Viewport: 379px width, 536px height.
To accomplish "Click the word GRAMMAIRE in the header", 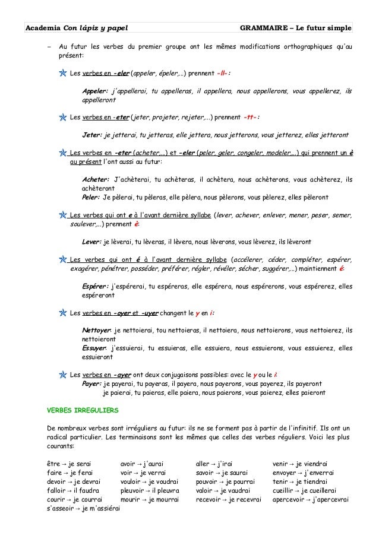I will [263, 28].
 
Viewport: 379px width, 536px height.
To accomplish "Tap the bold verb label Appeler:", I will [95, 91].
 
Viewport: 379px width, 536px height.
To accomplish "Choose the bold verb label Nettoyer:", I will [96, 331].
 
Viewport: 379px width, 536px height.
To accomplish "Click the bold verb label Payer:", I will [91, 383].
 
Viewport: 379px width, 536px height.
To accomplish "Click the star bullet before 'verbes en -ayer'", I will [63, 375].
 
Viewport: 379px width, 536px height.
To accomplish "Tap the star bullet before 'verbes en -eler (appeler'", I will [63, 75].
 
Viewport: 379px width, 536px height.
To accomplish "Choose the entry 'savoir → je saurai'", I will [224, 472].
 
